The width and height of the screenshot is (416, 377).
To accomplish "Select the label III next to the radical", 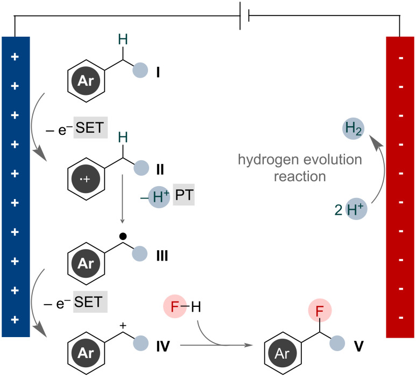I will click(161, 255).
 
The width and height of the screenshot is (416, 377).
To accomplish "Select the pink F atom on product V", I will click(320, 311).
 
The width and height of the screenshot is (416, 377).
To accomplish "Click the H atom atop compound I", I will click(123, 37).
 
